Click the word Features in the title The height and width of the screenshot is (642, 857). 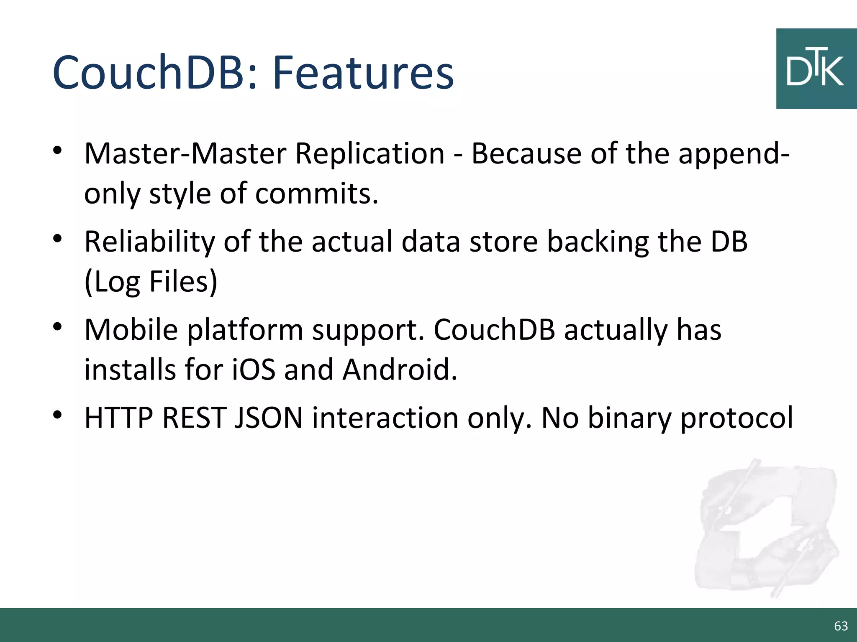pos(363,73)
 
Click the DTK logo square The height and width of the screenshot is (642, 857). pos(816,69)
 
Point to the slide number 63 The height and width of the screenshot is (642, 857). pos(841,626)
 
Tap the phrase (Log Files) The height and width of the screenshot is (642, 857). pos(151,281)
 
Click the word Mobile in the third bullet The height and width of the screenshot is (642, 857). pos(131,330)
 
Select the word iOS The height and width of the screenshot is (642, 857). pos(254,369)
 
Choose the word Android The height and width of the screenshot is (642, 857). pos(400,369)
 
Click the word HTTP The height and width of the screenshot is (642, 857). pos(119,418)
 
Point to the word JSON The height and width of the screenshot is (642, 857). pos(268,418)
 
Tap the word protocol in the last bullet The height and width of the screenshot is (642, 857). pos(736,418)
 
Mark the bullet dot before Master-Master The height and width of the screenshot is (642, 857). pos(58,150)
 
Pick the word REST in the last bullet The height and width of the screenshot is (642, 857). pos(194,418)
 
